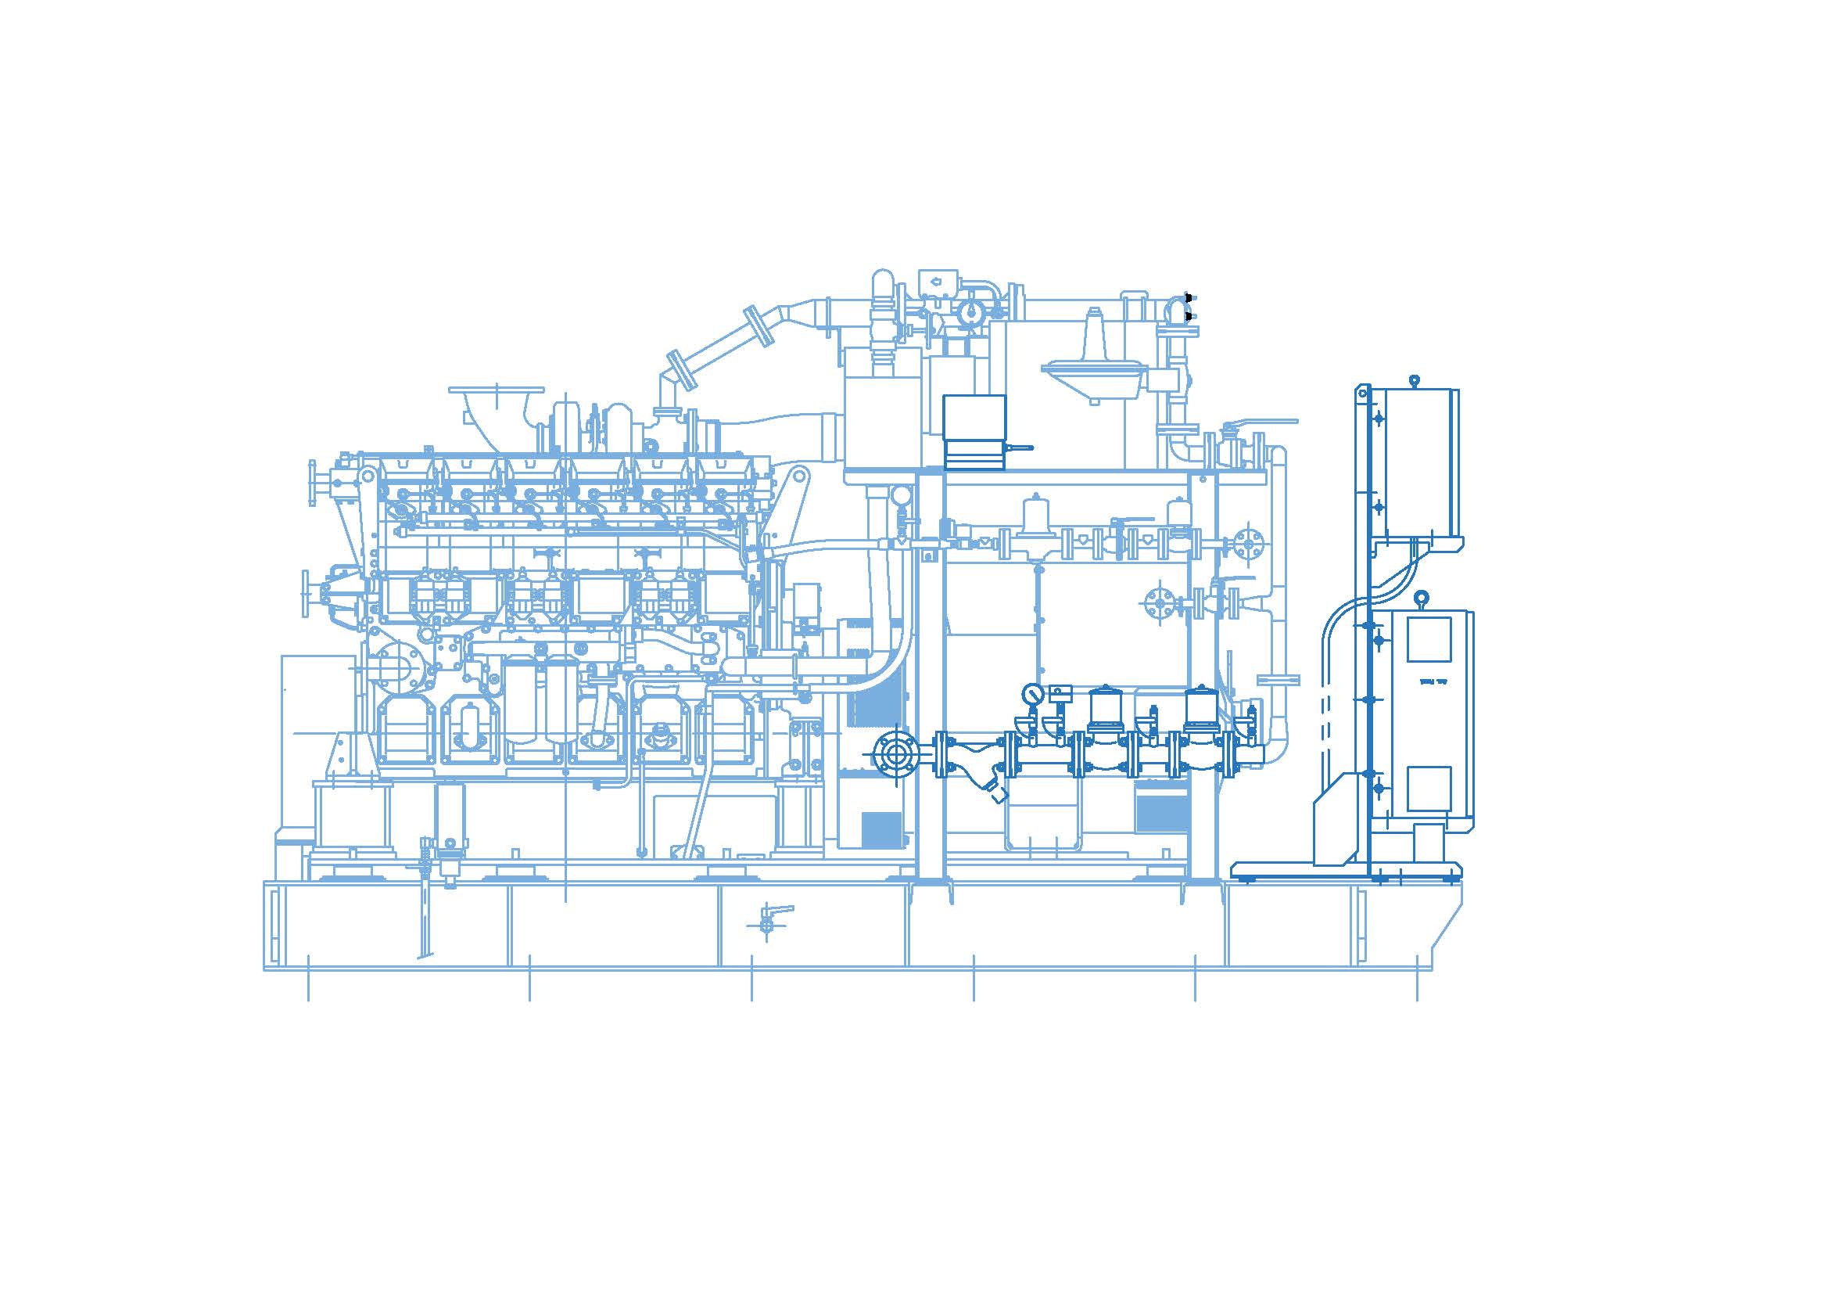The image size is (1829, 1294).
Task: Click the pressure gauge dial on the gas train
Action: pyautogui.click(x=1033, y=693)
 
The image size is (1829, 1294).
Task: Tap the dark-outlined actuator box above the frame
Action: pyautogui.click(x=974, y=430)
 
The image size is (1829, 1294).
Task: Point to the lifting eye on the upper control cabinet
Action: pyautogui.click(x=1414, y=381)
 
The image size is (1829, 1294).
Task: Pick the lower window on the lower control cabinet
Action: pyautogui.click(x=1428, y=788)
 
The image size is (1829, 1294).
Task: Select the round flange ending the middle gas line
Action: pyautogui.click(x=1247, y=544)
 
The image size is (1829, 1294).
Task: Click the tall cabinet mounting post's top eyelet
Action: pyautogui.click(x=1363, y=391)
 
